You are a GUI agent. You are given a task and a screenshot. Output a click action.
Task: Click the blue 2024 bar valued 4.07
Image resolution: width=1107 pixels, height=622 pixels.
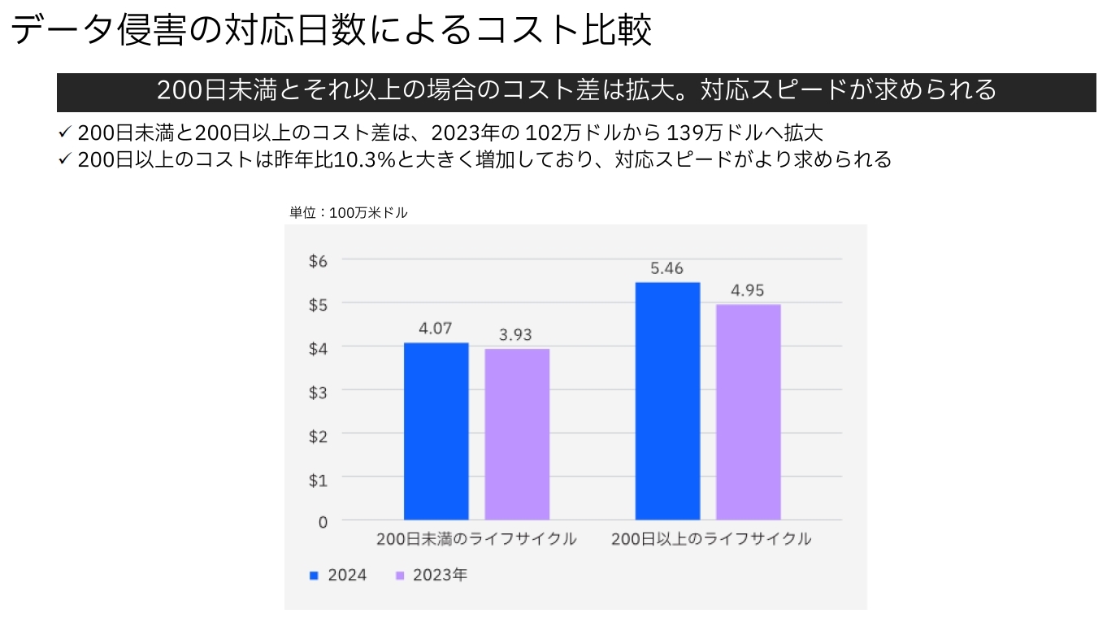tap(436, 431)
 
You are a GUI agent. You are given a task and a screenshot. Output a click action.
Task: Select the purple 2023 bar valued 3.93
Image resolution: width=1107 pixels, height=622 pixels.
tap(517, 434)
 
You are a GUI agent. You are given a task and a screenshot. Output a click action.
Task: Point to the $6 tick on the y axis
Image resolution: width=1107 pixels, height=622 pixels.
tap(318, 260)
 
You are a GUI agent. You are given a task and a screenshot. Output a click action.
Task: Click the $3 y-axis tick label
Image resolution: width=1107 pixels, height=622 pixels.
tap(318, 390)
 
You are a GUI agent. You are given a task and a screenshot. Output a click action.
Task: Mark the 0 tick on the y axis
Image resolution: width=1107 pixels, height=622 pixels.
tap(323, 522)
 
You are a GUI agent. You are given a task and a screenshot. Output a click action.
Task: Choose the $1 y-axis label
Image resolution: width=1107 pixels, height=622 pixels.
tap(318, 479)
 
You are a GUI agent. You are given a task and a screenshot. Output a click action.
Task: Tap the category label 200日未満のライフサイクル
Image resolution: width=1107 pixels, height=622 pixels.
tap(476, 539)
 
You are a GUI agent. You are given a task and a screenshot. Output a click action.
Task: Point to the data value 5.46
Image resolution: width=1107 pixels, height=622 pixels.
tap(666, 268)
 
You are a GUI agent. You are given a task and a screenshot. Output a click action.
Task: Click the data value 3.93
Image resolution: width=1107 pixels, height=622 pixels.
tap(516, 334)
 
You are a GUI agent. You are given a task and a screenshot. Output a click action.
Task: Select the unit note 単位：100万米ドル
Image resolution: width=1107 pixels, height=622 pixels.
tap(349, 213)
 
